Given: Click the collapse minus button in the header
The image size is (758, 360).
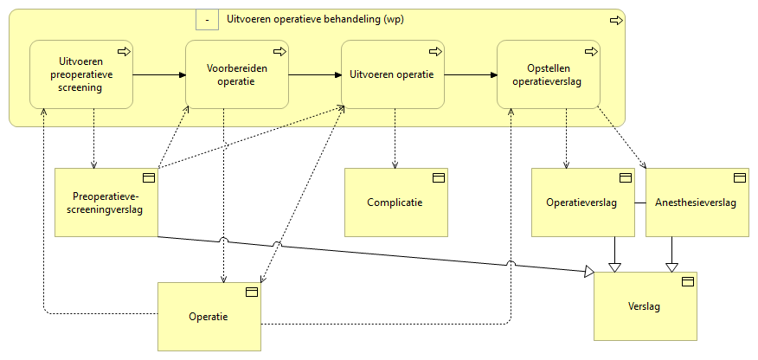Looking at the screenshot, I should pos(207,19).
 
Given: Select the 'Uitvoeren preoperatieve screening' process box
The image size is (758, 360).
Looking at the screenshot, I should pos(81,74).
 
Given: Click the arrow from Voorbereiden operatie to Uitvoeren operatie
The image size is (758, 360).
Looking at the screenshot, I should pos(315,74).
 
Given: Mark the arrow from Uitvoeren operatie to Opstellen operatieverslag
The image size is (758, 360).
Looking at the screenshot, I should pos(471,74).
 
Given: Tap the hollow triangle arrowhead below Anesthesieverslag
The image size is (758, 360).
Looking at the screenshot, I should pos(671,266).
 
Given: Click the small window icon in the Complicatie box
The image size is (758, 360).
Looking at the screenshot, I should pos(438,177).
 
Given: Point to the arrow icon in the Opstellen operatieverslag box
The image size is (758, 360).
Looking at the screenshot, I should pos(590,52).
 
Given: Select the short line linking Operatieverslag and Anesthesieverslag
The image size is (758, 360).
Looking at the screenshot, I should pos(639,203).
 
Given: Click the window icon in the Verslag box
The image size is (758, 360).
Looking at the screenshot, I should pos(688,281).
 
